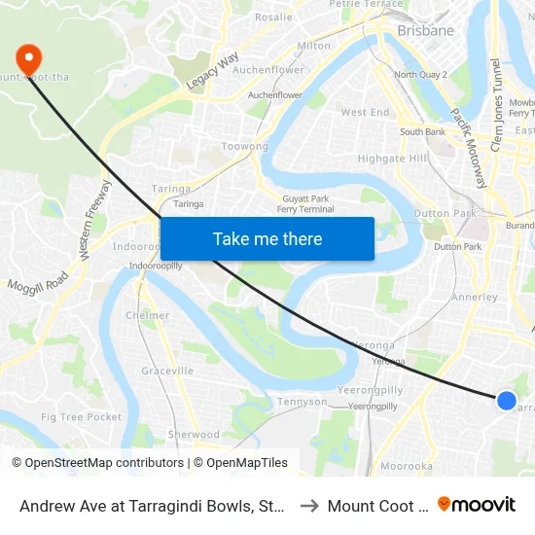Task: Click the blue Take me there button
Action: [x=267, y=238]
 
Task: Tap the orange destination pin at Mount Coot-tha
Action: [x=26, y=57]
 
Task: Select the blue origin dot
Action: [x=506, y=400]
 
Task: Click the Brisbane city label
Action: [x=426, y=31]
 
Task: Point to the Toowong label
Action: [x=245, y=147]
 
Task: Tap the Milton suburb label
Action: [x=313, y=46]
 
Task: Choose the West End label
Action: [x=366, y=113]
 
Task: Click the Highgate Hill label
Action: [x=392, y=159]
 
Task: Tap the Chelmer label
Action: [x=148, y=316]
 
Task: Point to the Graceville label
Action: [x=167, y=371]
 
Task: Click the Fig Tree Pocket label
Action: [x=82, y=417]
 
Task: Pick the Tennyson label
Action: [x=302, y=402]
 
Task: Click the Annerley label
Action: [x=476, y=298]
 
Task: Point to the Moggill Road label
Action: [x=40, y=283]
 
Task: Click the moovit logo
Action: [x=477, y=505]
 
